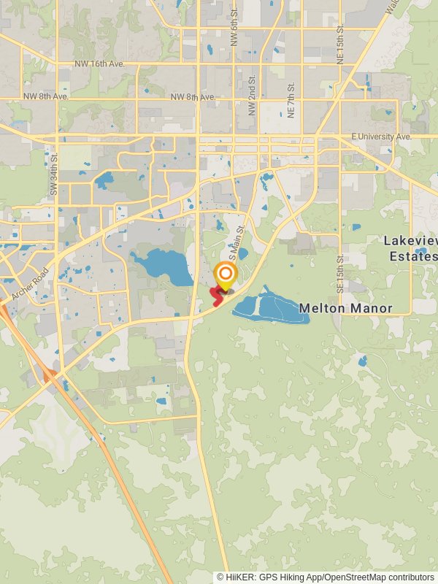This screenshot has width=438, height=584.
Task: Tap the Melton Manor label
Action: coord(345,309)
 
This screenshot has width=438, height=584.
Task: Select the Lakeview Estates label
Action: coord(410,248)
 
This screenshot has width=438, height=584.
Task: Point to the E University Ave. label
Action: coord(381,137)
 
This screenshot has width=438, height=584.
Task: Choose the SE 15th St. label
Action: coord(340,274)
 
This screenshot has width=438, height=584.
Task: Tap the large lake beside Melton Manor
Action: coord(267,308)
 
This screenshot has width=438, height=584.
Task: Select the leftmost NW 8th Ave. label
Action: coord(45,96)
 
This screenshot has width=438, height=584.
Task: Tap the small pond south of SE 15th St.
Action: coord(363,361)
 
